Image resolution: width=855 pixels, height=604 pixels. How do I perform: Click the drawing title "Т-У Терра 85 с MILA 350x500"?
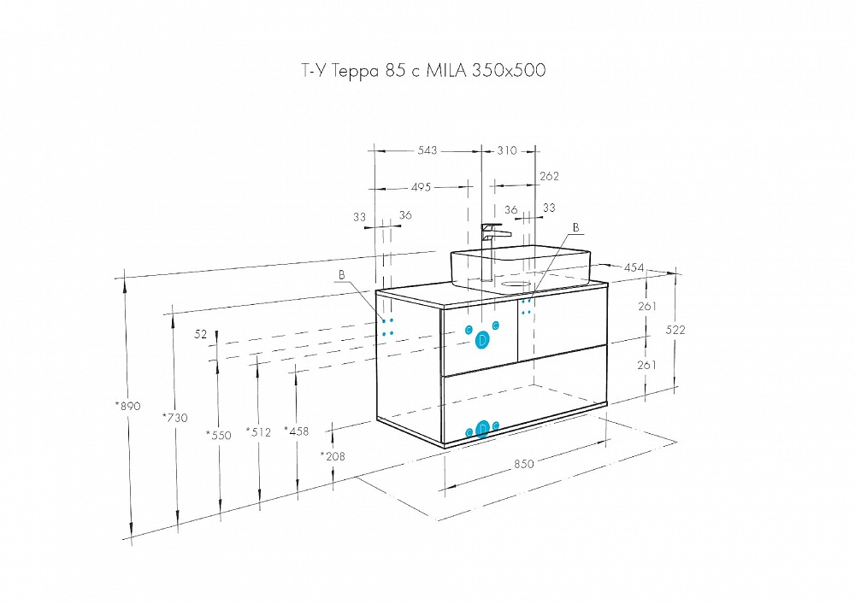[x=424, y=71]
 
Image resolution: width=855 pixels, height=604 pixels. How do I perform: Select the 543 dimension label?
[x=427, y=150]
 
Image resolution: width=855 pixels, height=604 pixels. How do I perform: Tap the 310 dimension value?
[x=507, y=150]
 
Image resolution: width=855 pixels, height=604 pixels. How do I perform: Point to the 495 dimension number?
[x=421, y=187]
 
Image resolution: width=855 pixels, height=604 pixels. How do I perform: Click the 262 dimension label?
[x=549, y=177]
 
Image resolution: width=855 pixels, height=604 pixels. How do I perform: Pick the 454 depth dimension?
[x=634, y=267]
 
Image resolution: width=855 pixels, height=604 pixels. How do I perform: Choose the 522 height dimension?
[x=675, y=330]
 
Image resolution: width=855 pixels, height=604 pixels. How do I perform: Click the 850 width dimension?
[x=523, y=464]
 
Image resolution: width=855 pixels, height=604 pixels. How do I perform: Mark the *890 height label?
[x=128, y=406]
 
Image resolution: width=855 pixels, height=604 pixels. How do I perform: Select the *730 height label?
[x=175, y=418]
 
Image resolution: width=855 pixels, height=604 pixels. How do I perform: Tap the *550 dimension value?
[x=219, y=435]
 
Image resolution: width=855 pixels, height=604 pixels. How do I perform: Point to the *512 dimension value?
[x=258, y=432]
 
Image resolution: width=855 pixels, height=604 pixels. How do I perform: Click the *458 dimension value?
[x=296, y=431]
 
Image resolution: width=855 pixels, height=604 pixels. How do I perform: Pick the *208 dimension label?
[x=333, y=456]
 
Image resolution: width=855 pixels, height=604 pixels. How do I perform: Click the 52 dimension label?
[x=201, y=334]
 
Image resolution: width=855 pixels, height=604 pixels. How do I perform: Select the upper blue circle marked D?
[x=482, y=340]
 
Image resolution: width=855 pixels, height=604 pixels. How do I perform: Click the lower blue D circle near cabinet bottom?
[x=482, y=429]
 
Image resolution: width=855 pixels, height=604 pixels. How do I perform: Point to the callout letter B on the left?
[x=342, y=275]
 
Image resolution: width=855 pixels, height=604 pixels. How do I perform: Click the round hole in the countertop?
[x=516, y=284]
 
